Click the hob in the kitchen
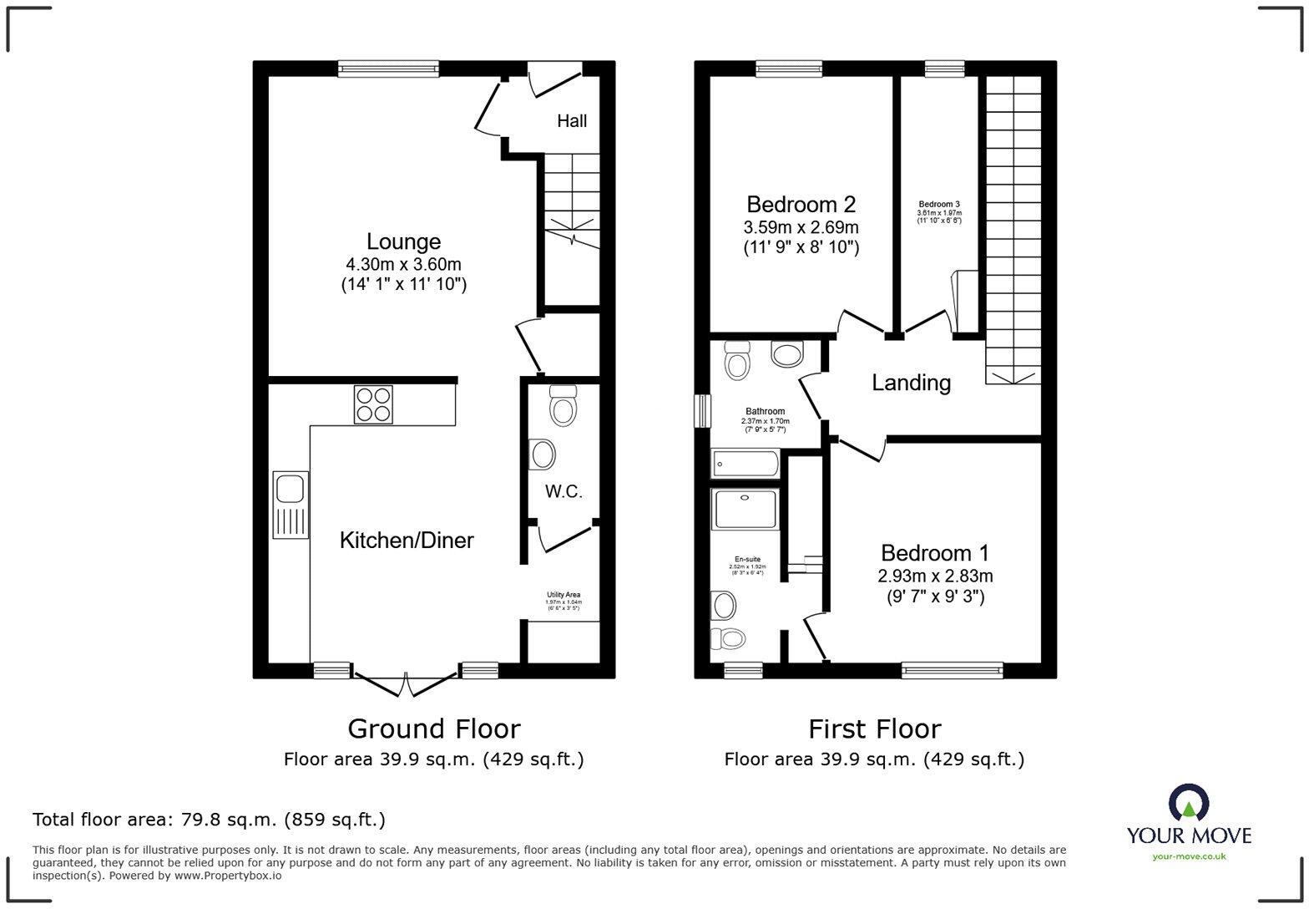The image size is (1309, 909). pos(373,404)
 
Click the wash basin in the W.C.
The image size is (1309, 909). pos(542,455)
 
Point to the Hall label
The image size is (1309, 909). pos(572,121)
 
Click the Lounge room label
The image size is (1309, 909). pos(403,241)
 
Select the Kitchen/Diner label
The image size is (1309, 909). pos(407,541)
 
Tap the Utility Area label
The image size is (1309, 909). pos(564,595)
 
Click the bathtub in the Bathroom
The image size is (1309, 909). pos(745,464)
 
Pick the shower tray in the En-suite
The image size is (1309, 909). pos(745,510)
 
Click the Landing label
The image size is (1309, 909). pos(911,383)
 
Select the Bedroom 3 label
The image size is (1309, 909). pos(939,205)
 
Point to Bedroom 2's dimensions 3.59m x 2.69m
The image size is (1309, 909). pos(801,227)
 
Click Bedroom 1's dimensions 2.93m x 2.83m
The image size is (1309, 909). pos(935,576)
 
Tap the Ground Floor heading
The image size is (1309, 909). pos(433,729)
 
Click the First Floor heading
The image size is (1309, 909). pos(874,729)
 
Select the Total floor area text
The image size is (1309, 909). pos(209,820)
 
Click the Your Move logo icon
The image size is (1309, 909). pos(1188,804)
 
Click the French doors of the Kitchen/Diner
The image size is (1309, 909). pos(405,683)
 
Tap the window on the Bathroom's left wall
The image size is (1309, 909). pos(704,411)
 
